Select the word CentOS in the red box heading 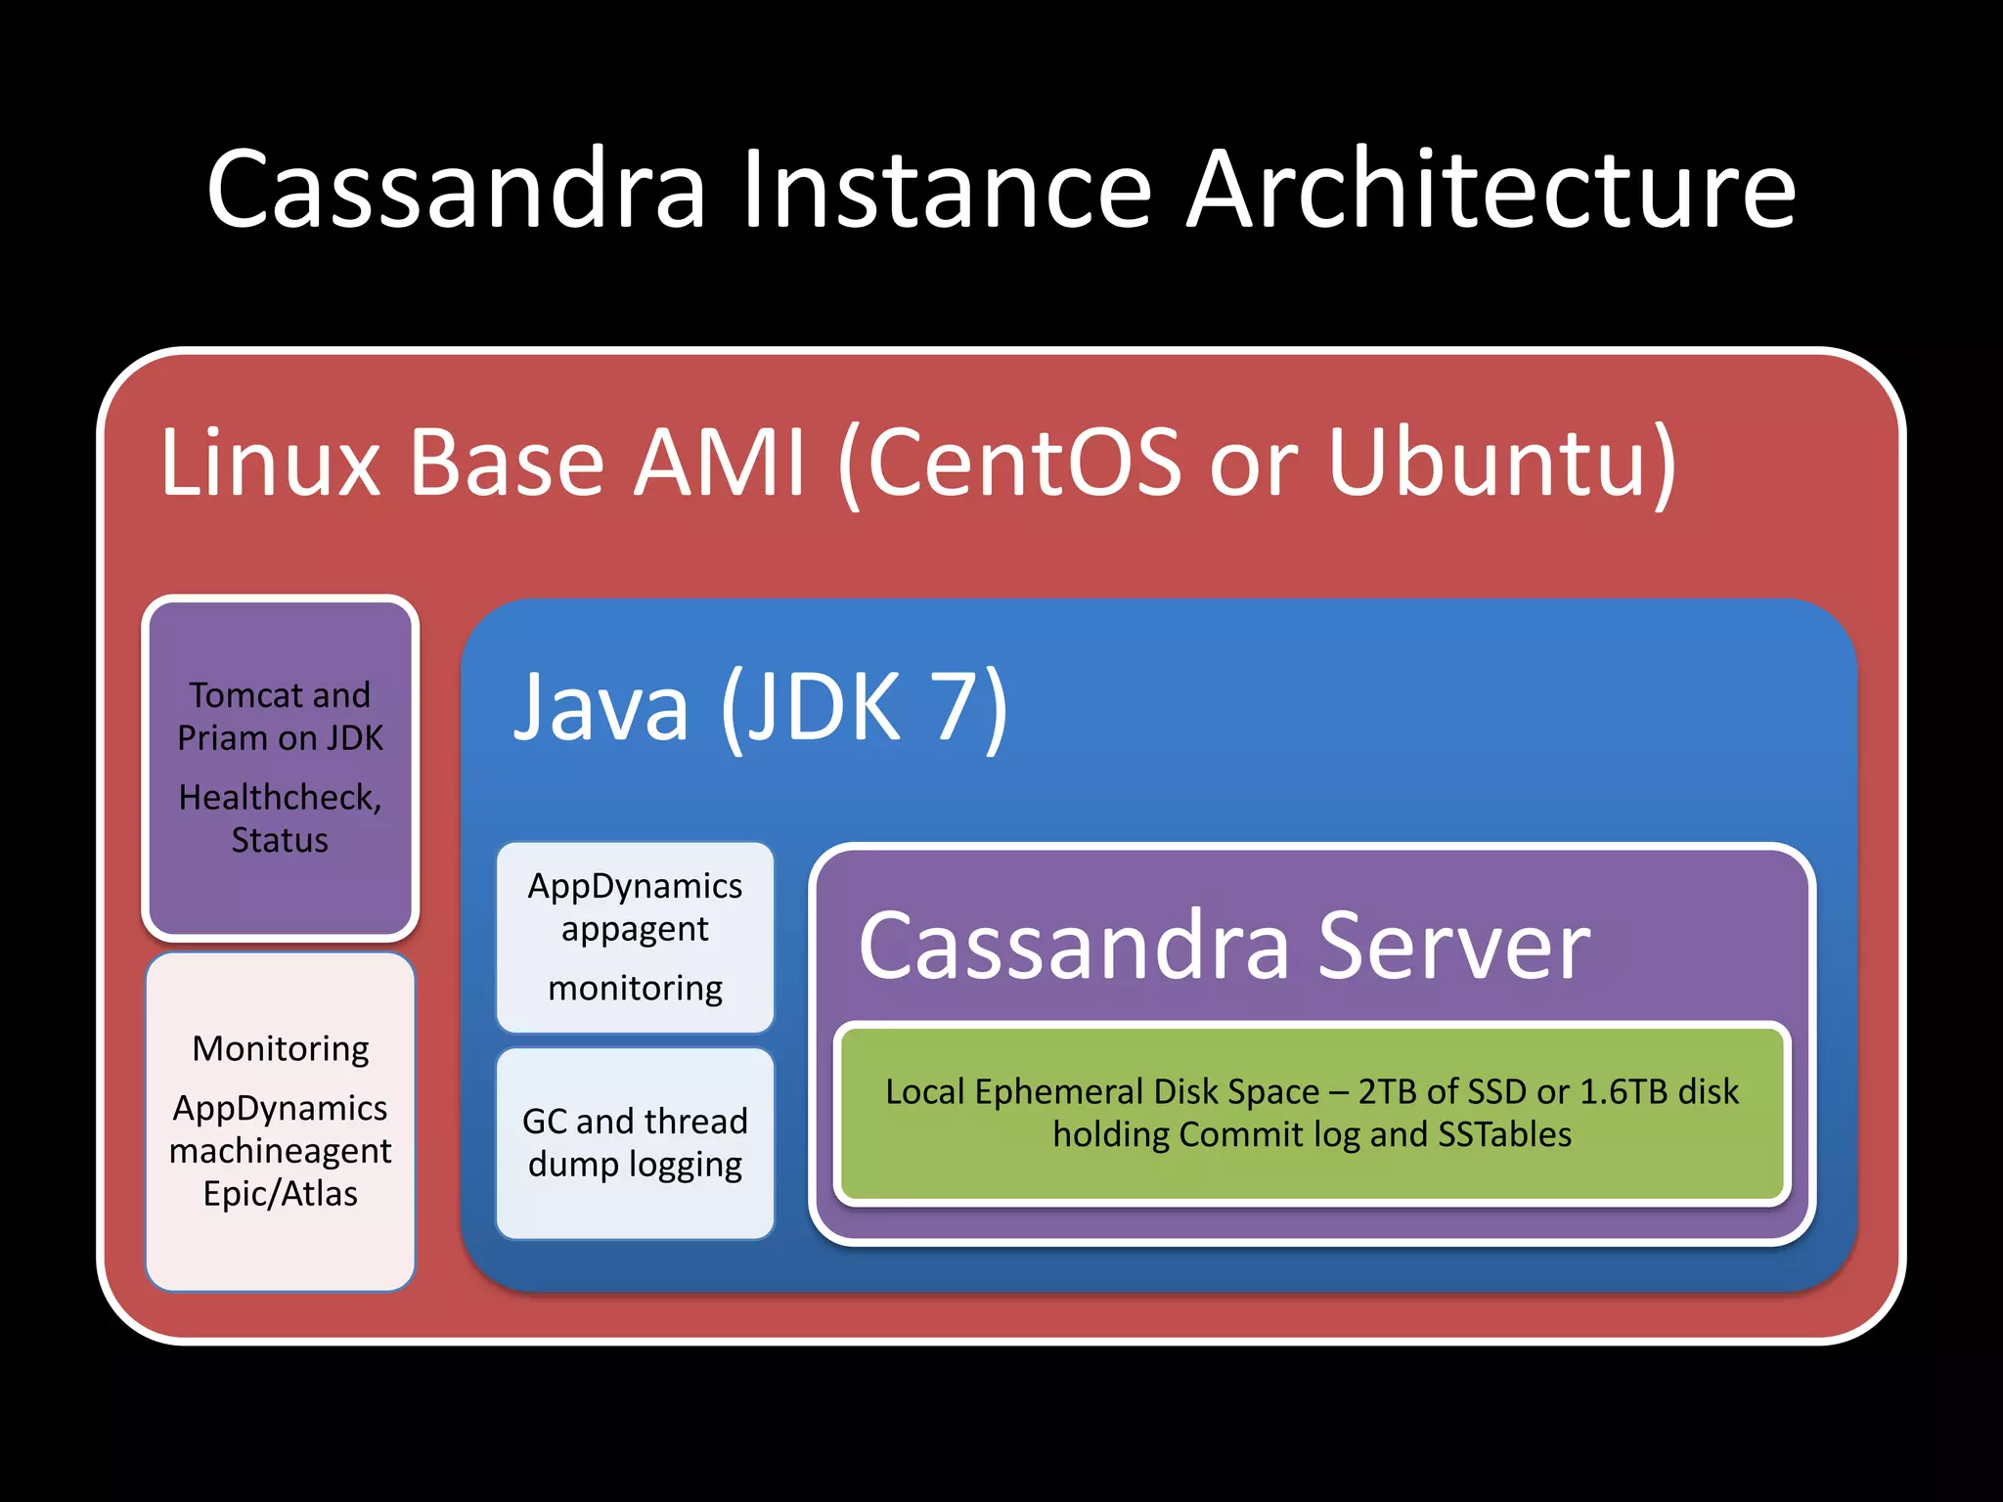[x=1023, y=462]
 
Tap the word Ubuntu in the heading [x=1491, y=462]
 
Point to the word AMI [x=720, y=462]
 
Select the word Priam [x=222, y=738]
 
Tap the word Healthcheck [x=279, y=798]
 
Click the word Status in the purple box [x=279, y=841]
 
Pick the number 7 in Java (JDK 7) [x=956, y=706]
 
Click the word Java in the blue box [x=601, y=706]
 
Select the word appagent [x=635, y=929]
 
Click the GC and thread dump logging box [x=635, y=1142]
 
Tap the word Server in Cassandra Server [x=1453, y=946]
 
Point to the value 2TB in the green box [x=1388, y=1091]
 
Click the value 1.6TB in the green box [x=1623, y=1091]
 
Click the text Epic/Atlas [x=280, y=1194]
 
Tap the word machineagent [x=280, y=1151]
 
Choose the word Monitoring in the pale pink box [x=280, y=1048]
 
